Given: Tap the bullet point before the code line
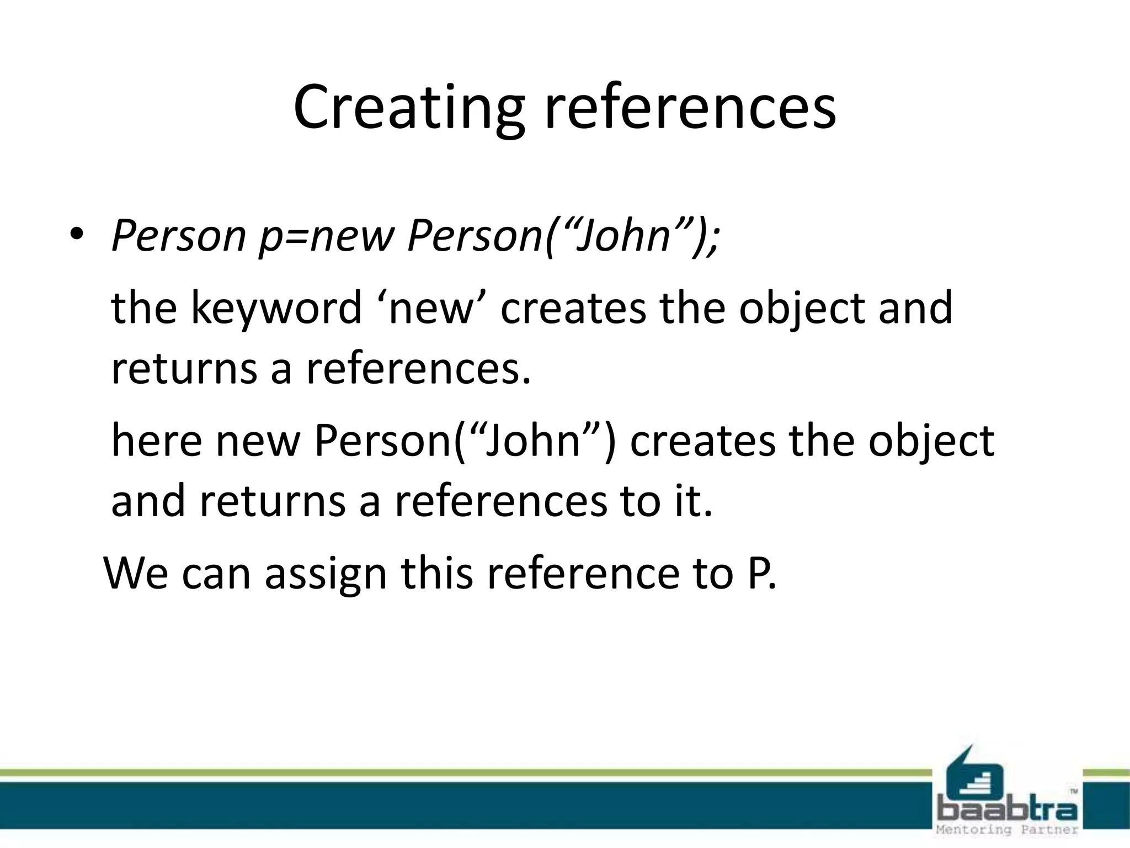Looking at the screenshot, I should (x=76, y=234).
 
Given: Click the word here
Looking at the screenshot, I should (x=156, y=442).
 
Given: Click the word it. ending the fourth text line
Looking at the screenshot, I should (x=693, y=501).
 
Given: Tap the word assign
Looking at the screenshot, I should (x=326, y=574).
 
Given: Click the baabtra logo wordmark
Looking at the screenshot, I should (x=1007, y=810).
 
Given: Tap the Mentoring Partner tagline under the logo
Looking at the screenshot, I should (x=1007, y=830).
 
